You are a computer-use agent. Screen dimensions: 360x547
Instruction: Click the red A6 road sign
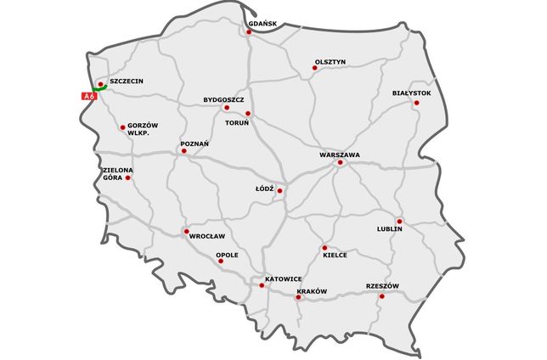pyautogui.click(x=87, y=98)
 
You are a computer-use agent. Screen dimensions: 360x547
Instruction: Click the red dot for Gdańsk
pyautogui.click(x=249, y=32)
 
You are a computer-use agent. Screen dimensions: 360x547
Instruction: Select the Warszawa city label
pyautogui.click(x=340, y=155)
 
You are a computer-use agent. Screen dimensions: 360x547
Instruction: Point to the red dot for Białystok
pyautogui.click(x=416, y=103)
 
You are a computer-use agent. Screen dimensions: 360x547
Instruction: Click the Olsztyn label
pyautogui.click(x=330, y=61)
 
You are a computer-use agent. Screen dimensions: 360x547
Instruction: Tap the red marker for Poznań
pyautogui.click(x=183, y=152)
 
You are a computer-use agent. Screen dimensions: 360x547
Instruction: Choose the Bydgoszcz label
pyautogui.click(x=223, y=99)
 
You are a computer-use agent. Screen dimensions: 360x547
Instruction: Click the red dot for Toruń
pyautogui.click(x=248, y=113)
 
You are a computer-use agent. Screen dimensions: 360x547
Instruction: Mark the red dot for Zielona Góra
pyautogui.click(x=128, y=177)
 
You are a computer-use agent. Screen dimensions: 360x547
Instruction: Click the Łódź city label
pyautogui.click(x=264, y=188)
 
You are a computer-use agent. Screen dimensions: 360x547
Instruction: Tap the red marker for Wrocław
pyautogui.click(x=186, y=231)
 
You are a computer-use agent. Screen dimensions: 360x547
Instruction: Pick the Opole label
pyautogui.click(x=227, y=255)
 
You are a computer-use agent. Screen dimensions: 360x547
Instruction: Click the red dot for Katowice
pyautogui.click(x=262, y=285)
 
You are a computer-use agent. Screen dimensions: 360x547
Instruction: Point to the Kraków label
pyautogui.click(x=312, y=291)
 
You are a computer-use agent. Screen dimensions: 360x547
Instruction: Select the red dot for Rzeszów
pyautogui.click(x=381, y=296)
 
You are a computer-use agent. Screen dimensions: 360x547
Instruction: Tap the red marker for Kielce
pyautogui.click(x=324, y=248)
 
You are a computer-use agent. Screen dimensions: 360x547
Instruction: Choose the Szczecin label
pyautogui.click(x=126, y=82)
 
